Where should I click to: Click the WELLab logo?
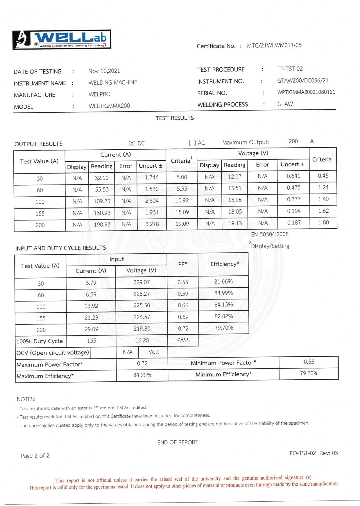(x=62, y=40)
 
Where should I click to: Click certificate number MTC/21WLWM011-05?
(x=274, y=45)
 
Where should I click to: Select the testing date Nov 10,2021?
(x=104, y=71)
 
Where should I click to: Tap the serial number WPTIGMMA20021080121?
(x=306, y=92)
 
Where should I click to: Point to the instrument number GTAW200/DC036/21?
(x=302, y=80)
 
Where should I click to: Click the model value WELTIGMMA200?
(x=109, y=106)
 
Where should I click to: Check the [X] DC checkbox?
(x=132, y=143)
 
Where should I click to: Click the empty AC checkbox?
(x=192, y=143)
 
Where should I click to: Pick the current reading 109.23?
(x=102, y=201)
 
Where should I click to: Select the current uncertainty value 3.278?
(x=152, y=224)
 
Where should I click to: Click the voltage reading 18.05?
(x=235, y=211)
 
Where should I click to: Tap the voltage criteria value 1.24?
(x=323, y=187)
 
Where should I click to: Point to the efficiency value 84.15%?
(x=223, y=305)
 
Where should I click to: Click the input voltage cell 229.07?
(x=142, y=282)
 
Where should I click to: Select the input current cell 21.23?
(x=91, y=317)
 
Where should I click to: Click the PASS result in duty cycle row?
(x=183, y=340)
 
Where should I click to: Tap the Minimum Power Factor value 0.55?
(x=309, y=362)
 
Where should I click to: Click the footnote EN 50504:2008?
(x=270, y=234)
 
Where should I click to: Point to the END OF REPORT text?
(x=178, y=442)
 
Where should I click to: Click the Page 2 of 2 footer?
(x=35, y=455)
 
